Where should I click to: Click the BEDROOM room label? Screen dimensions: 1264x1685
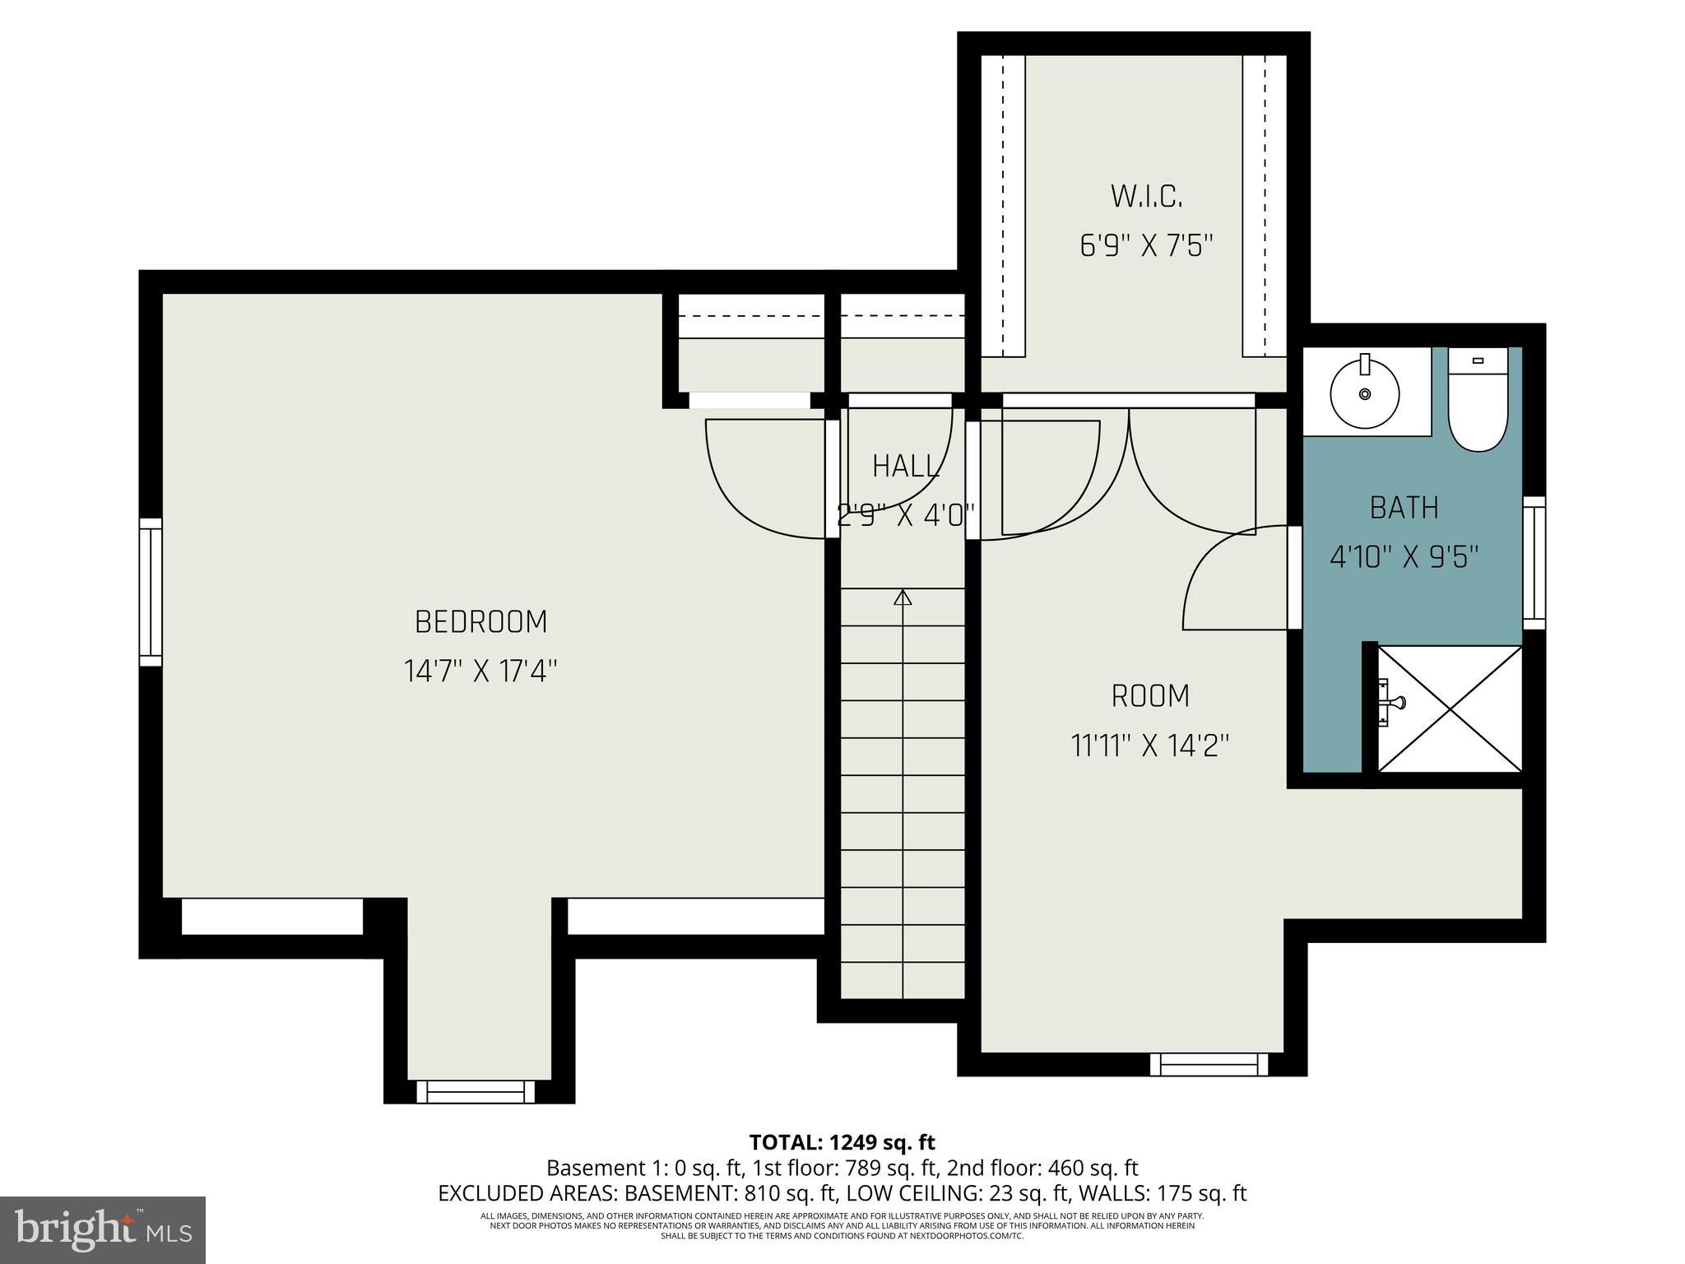480,622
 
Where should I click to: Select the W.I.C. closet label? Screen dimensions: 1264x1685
1146,197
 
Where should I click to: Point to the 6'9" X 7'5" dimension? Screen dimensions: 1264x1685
1146,246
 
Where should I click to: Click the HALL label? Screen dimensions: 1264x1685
905,467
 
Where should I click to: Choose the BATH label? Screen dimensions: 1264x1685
1404,508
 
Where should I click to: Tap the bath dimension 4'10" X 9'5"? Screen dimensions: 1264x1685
1404,558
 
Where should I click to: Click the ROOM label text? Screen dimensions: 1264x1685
1150,696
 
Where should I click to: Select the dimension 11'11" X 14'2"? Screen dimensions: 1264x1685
1150,746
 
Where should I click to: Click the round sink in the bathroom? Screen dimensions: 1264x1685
1365,394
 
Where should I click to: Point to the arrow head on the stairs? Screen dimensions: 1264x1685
903,597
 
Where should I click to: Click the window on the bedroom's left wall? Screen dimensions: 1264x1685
151,592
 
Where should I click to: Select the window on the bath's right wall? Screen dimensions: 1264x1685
1534,563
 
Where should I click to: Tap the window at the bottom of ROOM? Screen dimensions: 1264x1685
1209,1065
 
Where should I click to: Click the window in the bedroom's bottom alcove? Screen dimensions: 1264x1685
476,1092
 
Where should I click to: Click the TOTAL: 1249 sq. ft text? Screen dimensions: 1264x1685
842,1142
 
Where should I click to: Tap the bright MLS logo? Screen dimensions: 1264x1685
103,1229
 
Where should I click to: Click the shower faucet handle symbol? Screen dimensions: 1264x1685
1394,702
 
